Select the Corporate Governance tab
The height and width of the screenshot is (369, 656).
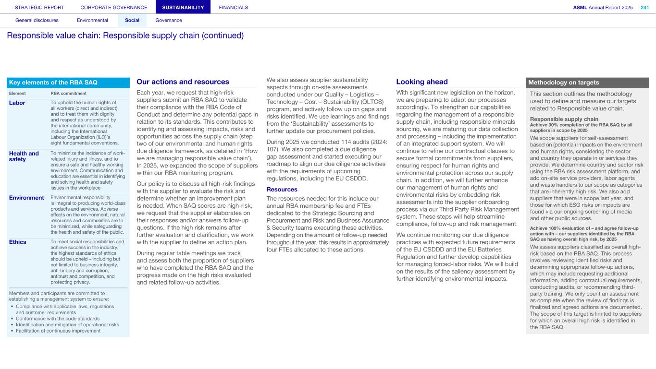(x=114, y=7)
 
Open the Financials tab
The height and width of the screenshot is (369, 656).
(x=234, y=7)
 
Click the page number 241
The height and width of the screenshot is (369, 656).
(x=644, y=7)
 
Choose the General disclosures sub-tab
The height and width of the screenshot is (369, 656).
(x=37, y=20)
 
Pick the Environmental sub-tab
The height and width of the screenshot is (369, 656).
(x=92, y=20)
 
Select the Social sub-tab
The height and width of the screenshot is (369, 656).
(x=132, y=20)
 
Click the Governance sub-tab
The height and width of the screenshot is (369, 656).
(x=169, y=20)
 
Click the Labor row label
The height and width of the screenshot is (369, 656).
(x=17, y=103)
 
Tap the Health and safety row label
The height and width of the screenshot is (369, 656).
(x=24, y=156)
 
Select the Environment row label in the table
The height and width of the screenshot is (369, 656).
(x=26, y=198)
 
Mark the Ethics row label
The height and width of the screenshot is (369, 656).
(x=18, y=242)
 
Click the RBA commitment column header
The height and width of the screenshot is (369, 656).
(x=68, y=93)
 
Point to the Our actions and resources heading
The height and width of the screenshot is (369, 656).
(x=183, y=82)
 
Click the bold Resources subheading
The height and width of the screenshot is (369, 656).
(x=282, y=190)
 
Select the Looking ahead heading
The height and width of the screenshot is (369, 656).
(x=422, y=82)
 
